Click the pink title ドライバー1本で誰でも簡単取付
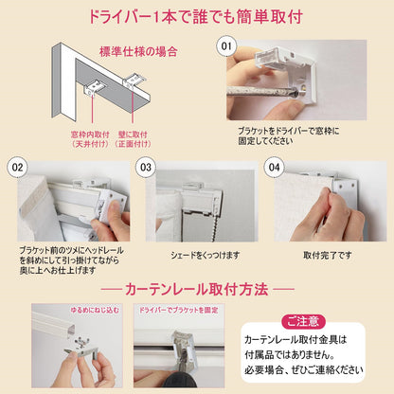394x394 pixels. tap(197, 17)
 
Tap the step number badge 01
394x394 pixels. tap(226, 45)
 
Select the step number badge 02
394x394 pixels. tap(16, 167)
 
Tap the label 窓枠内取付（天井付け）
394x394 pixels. tap(89, 141)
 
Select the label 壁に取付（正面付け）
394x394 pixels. tap(134, 141)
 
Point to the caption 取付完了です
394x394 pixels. tap(322, 255)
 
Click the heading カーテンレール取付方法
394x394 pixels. tap(197, 286)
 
